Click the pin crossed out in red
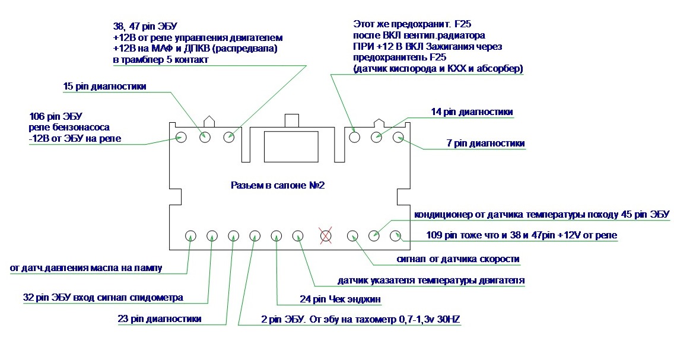coord(326,236)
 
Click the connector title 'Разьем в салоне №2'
coord(278,185)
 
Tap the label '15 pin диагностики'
coord(104,86)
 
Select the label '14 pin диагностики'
coord(472,111)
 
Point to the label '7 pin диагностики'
coord(486,143)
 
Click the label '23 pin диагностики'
coord(160,318)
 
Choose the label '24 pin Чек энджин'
coord(340,299)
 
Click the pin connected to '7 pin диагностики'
coord(399,138)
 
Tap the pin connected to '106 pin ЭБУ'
coord(182,138)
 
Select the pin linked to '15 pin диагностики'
coord(205,138)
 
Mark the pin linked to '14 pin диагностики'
coord(377,138)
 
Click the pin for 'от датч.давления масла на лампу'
coord(191,236)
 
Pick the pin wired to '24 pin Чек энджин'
coord(276,236)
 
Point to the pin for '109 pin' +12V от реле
coord(396,236)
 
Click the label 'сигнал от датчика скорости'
coord(458,259)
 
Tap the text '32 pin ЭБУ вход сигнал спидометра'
coord(103,297)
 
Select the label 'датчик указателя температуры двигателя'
coord(431,281)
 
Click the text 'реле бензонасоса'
coord(69,127)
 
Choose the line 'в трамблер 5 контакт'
coord(161,59)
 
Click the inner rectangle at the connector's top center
coord(291,147)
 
